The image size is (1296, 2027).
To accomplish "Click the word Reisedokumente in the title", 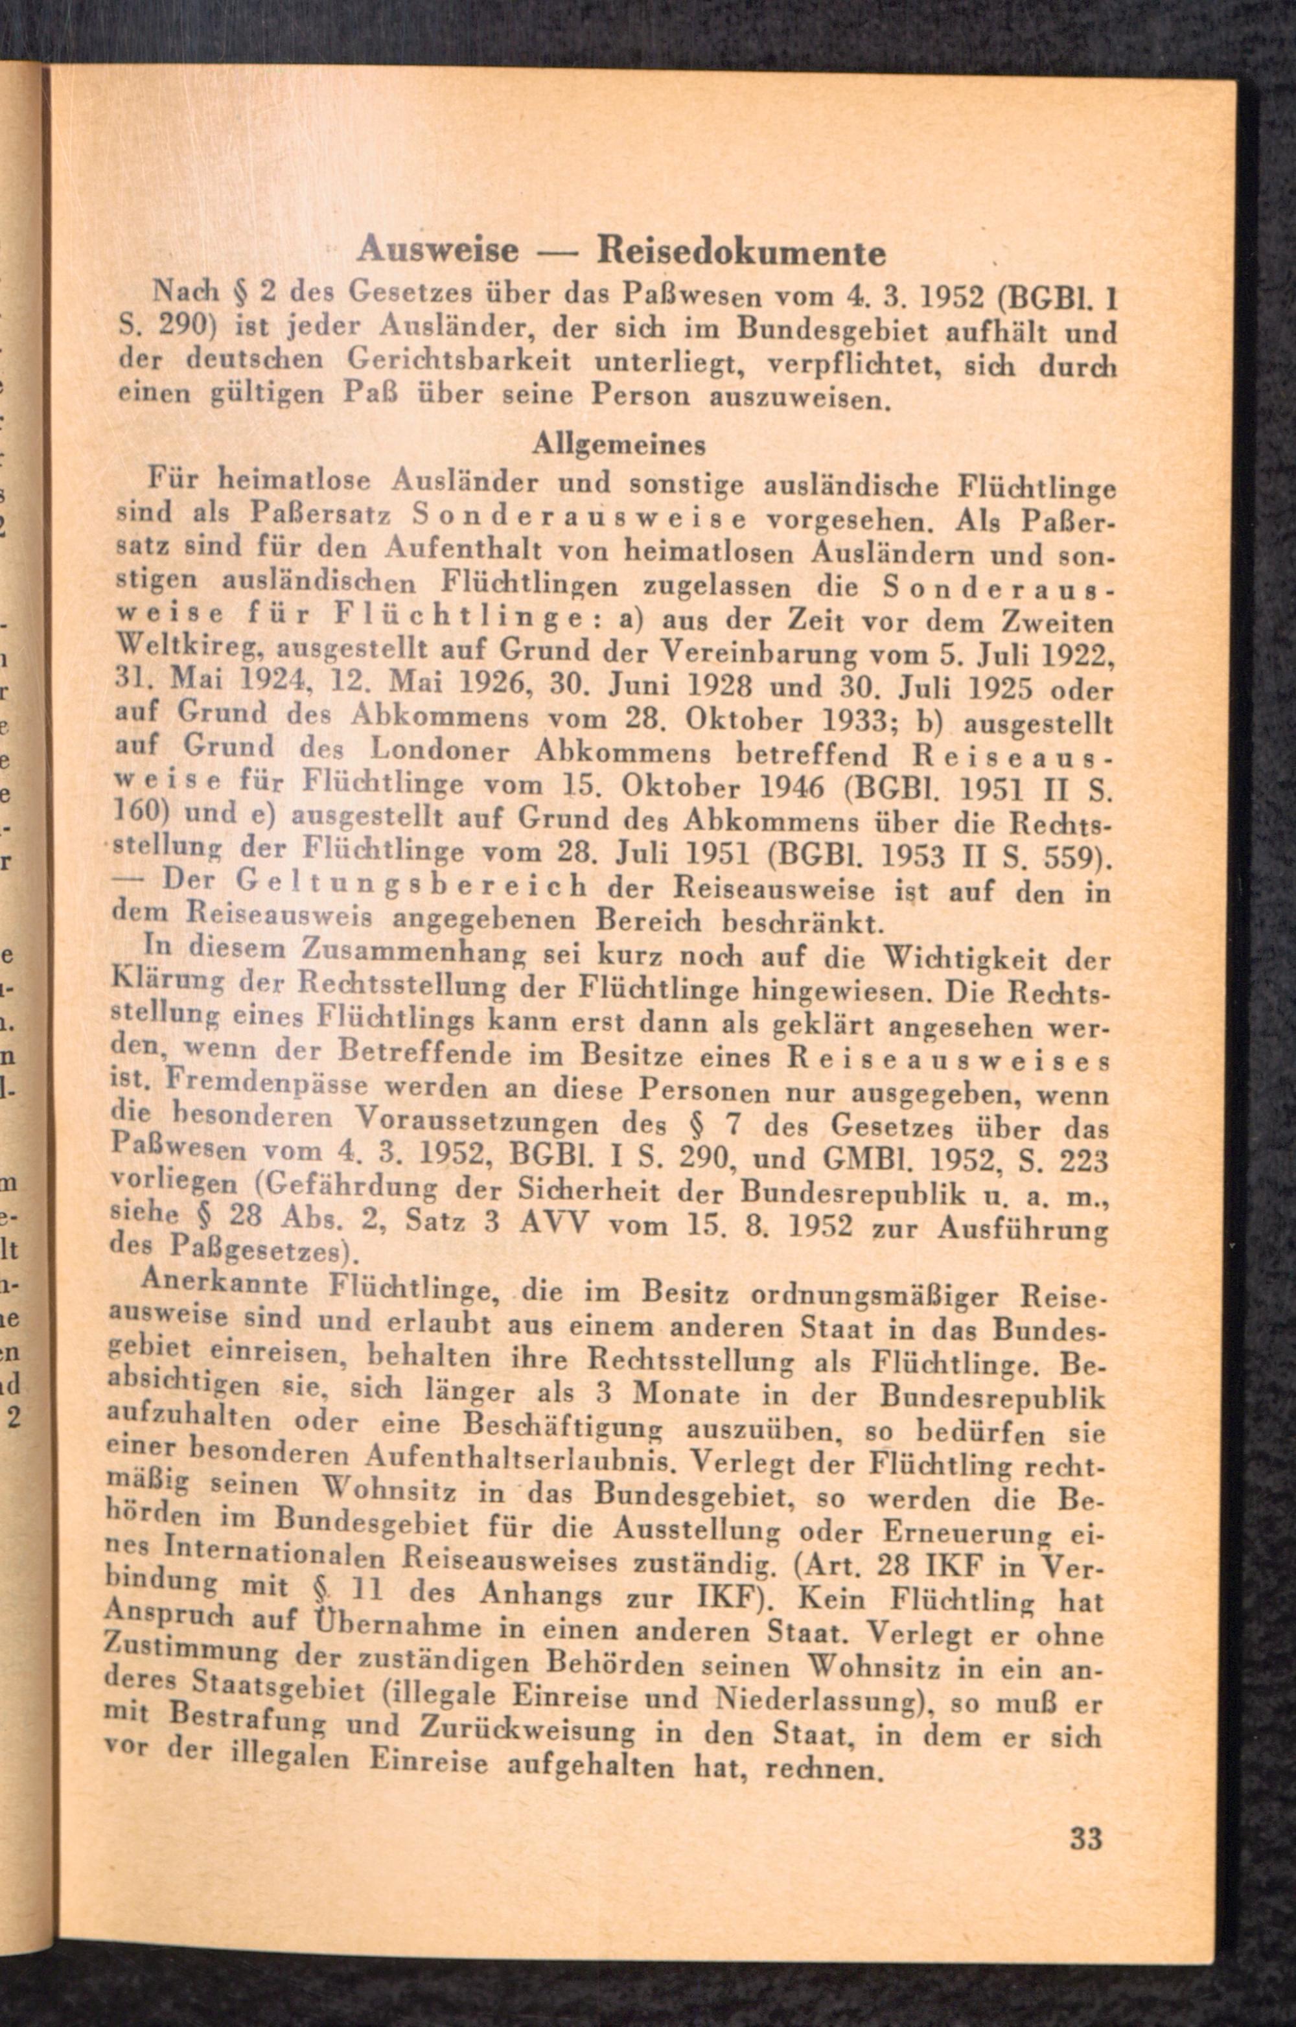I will point(741,253).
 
